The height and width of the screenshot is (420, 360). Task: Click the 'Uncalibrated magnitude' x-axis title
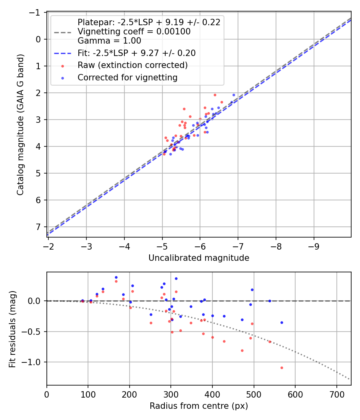199,258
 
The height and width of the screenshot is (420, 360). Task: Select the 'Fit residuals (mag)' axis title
13,328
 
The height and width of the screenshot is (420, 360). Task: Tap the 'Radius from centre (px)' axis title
199,406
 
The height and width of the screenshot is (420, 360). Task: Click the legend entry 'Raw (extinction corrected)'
132,65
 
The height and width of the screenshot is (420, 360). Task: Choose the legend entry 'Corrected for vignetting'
128,78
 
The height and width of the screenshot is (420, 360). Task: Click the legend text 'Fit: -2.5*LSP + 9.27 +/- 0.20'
136,53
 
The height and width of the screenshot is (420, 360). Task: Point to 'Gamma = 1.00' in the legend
109,40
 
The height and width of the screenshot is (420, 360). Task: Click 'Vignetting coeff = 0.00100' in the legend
134,31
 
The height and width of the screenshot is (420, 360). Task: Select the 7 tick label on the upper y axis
38,227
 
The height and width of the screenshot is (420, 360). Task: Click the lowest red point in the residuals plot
282,368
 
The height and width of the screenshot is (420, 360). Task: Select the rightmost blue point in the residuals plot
282,322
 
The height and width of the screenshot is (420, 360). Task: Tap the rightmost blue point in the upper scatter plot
234,95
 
